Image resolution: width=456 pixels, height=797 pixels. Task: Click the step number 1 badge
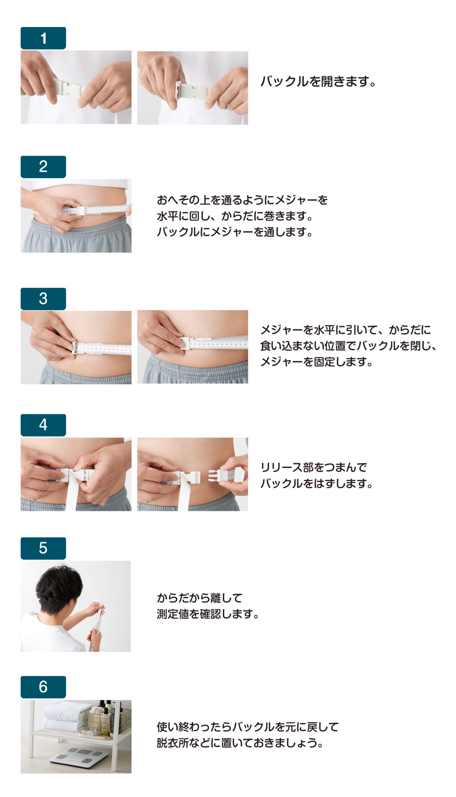(x=43, y=38)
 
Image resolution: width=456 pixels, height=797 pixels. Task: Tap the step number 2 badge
(x=43, y=166)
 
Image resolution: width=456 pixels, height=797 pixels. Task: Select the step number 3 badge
(x=43, y=298)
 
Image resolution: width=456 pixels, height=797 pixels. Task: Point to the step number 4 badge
(x=43, y=425)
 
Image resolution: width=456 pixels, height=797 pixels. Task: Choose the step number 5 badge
(x=43, y=548)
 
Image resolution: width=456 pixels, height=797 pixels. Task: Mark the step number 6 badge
(x=43, y=687)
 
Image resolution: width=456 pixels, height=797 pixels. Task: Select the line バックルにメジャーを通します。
(x=235, y=232)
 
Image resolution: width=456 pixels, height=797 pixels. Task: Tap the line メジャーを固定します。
(x=317, y=362)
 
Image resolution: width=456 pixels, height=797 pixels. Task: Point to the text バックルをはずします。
(x=317, y=484)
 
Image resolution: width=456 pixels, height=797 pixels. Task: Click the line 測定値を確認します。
(x=208, y=614)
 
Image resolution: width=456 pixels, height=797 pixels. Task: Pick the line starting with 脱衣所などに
(x=240, y=743)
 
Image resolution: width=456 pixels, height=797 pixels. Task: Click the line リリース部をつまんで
(x=314, y=468)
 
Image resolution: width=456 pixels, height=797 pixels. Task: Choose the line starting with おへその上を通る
(x=242, y=200)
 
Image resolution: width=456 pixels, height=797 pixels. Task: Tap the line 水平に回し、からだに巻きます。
(x=235, y=216)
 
